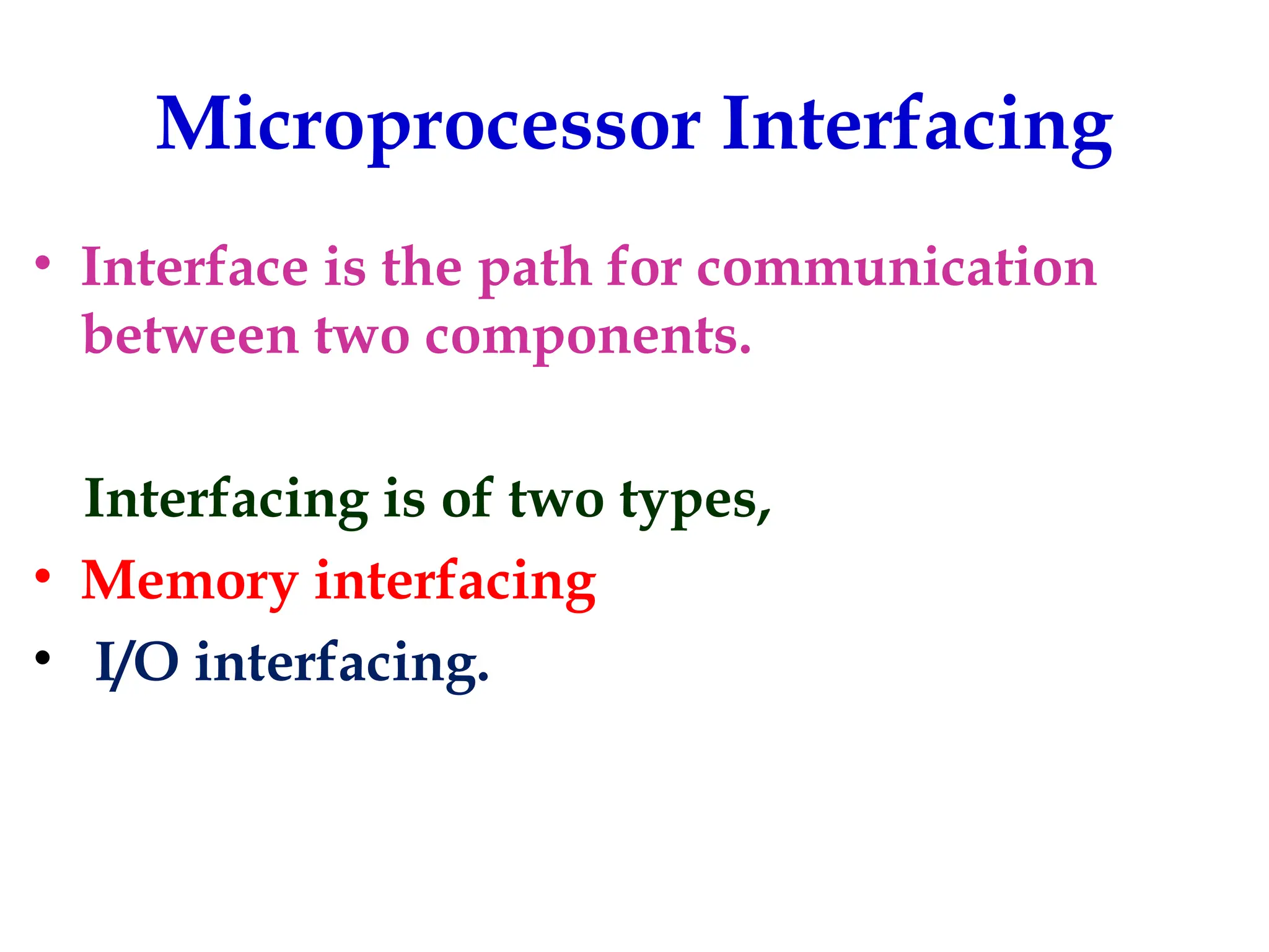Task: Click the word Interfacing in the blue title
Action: (917, 127)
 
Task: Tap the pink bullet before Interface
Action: (42, 263)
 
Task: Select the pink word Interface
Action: (195, 268)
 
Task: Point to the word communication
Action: (897, 268)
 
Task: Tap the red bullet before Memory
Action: (42, 576)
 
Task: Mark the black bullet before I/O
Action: (42, 658)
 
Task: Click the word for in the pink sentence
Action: (644, 268)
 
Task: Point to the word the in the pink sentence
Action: (422, 268)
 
